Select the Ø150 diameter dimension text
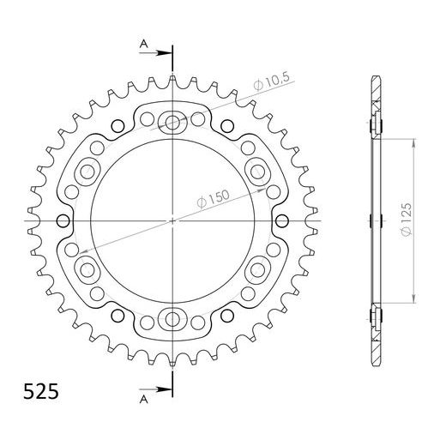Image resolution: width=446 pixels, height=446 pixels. coord(212,200)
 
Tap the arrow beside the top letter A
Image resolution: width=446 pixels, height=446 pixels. coord(161,52)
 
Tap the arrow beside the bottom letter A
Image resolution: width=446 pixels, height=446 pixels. coord(161,389)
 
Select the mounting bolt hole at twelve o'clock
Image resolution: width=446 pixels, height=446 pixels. coord(172,122)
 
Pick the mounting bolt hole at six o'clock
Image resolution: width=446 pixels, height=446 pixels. coord(172,321)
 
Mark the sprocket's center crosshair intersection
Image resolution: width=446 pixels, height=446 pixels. coord(172,221)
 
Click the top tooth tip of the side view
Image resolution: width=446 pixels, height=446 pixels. coord(375,80)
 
